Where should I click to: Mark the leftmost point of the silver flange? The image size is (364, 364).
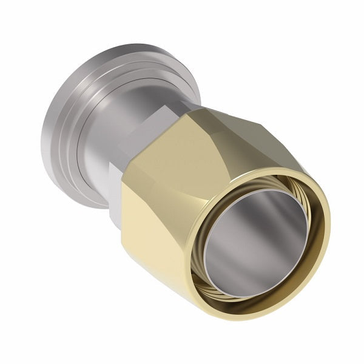point(41,140)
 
